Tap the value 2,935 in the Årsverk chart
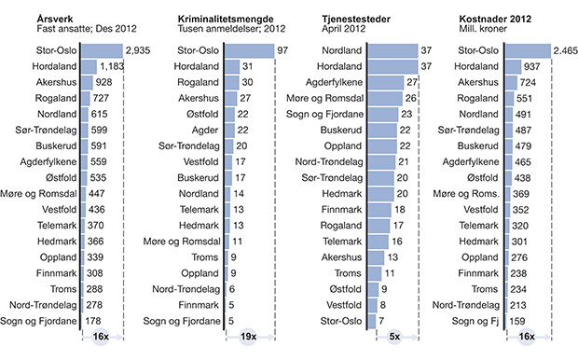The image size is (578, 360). click(138, 49)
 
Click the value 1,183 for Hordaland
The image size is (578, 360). click(113, 66)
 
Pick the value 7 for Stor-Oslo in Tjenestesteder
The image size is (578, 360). click(383, 322)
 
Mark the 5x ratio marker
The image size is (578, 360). click(395, 337)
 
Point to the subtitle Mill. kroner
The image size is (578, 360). click(487, 28)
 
